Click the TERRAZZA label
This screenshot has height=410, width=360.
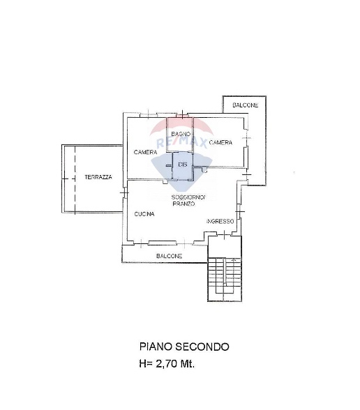(98, 177)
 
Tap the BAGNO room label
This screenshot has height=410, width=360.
(181, 134)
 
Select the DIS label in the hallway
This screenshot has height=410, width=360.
(183, 165)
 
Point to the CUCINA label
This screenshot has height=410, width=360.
(144, 214)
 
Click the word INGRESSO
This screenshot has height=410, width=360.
(220, 221)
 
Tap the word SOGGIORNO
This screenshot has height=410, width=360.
(188, 197)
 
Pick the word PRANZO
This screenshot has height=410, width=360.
(183, 204)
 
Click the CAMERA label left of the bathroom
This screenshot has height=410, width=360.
(145, 152)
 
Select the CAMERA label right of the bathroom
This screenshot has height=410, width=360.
(220, 142)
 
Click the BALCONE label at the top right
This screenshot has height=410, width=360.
(245, 105)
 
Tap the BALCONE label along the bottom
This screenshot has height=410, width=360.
(169, 256)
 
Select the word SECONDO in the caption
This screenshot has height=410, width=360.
(202, 347)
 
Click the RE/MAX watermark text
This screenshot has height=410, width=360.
(181, 143)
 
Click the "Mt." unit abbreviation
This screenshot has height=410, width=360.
(187, 364)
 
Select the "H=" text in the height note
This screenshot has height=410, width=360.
(146, 364)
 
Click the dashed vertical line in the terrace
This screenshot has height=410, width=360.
(75, 180)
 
